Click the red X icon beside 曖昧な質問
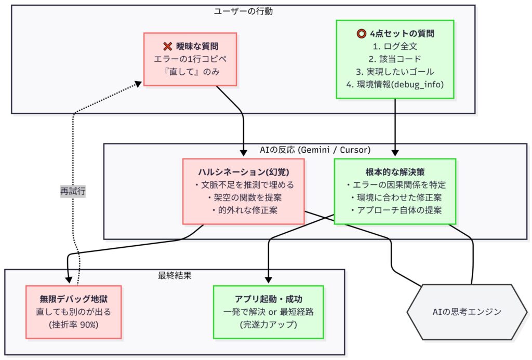[x=167, y=47]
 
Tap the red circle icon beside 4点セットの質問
[x=362, y=34]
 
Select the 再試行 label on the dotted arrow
[x=73, y=191]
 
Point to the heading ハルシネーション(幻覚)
[x=244, y=172]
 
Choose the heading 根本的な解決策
[x=395, y=172]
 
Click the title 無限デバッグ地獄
[x=73, y=299]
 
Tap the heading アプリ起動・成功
[x=268, y=299]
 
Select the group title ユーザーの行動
[x=243, y=11]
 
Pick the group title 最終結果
[x=175, y=275]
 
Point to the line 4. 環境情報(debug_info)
[x=395, y=84]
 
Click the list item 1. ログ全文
[x=395, y=47]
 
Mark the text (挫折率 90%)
[x=73, y=325]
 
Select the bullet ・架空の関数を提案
[x=244, y=197]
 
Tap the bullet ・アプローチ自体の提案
[x=395, y=210]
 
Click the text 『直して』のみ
[x=190, y=72]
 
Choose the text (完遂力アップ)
[x=268, y=325]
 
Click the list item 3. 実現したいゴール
[x=395, y=72]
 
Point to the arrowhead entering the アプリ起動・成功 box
[x=268, y=281]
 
